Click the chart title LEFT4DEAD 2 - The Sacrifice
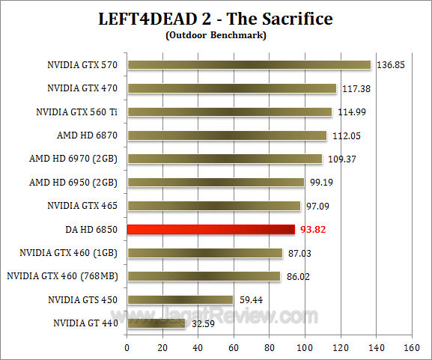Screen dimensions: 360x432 216,18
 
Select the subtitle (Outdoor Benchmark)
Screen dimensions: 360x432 216,34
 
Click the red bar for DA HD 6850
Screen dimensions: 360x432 211,229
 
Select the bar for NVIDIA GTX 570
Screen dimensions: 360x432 249,64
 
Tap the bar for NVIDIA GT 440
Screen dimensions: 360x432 156,323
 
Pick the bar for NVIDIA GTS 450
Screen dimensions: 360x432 180,299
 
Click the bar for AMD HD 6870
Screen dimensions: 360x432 227,135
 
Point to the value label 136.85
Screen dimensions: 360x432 389,65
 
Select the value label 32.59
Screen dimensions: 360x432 202,324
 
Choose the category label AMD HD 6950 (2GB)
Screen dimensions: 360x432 74,182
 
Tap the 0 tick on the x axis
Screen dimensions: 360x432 127,347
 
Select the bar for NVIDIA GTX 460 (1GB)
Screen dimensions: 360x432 204,253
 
